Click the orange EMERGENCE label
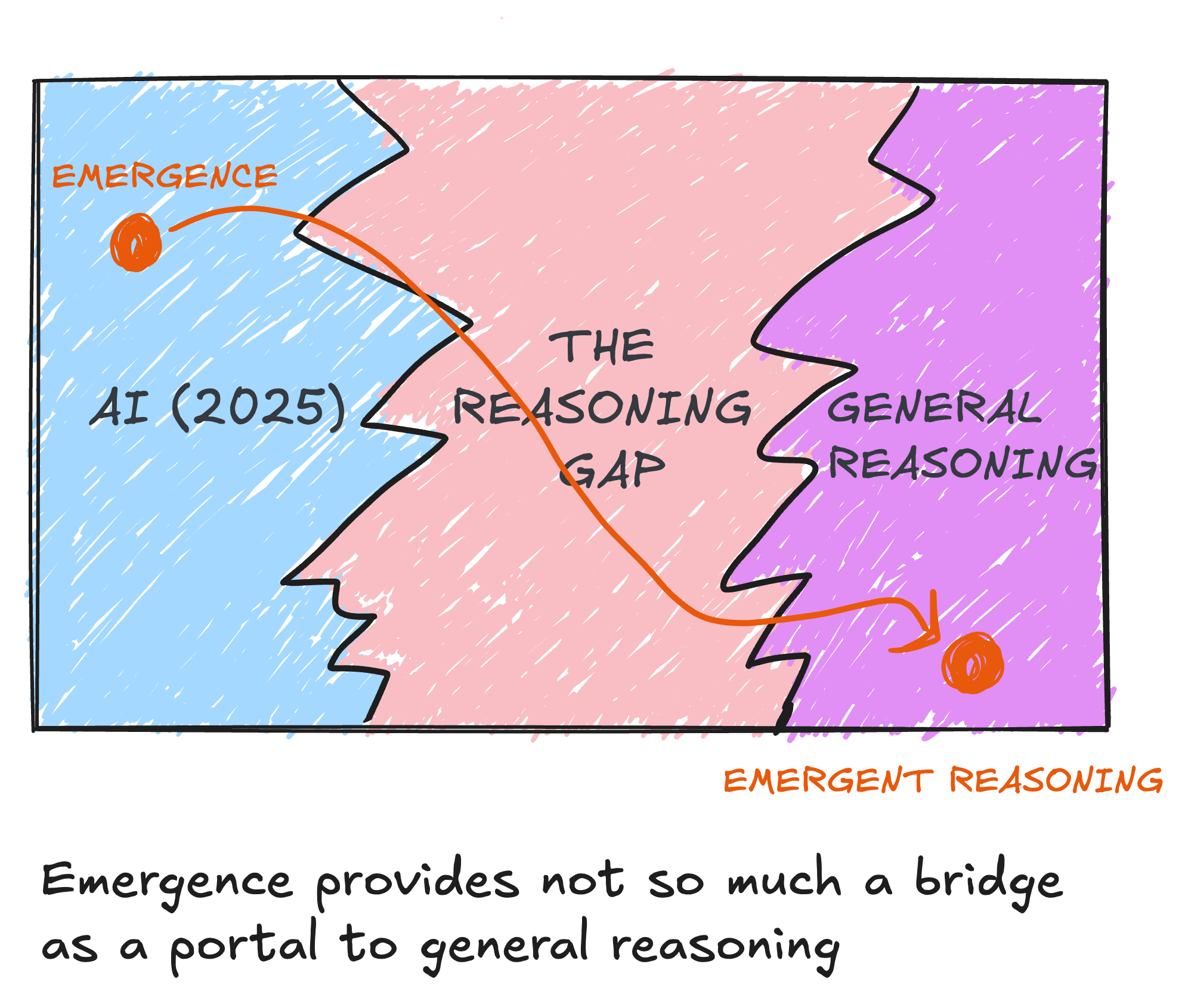165,177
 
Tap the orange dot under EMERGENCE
136,243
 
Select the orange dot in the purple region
973,663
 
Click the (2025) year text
258,407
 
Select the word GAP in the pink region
612,469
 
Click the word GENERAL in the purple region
934,409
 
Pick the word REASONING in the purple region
963,463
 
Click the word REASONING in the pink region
602,407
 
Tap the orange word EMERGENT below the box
828,781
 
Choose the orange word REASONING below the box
1056,780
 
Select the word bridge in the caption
989,882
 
